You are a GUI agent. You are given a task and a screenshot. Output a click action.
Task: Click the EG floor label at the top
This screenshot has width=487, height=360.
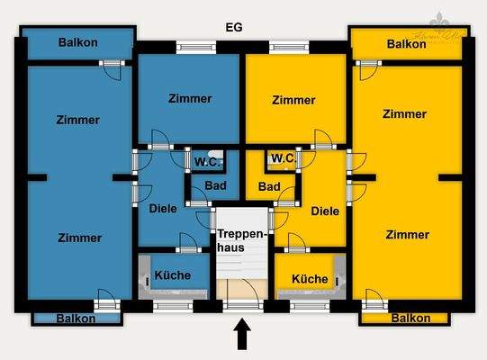coord(235,27)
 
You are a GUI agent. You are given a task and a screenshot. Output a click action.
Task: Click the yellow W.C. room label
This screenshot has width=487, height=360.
coord(283,159)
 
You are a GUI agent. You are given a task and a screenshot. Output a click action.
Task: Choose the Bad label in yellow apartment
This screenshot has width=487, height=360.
coord(268,187)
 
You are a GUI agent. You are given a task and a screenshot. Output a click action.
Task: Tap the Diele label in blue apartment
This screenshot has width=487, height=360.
coord(163,210)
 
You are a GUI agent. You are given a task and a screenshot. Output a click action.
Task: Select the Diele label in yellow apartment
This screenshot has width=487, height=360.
coord(325,211)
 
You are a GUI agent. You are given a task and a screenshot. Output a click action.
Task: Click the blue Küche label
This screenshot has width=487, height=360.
coord(172,275)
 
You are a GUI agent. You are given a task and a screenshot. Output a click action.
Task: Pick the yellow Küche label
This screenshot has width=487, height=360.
coord(310,279)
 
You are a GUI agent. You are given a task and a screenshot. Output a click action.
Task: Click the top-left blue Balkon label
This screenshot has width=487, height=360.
coord(77,42)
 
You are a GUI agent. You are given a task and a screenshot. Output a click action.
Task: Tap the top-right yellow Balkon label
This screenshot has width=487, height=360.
coord(407,43)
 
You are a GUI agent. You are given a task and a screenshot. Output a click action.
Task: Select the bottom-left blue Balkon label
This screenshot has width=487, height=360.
coord(77,318)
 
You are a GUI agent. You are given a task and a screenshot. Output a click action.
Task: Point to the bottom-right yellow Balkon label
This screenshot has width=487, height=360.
coord(410,318)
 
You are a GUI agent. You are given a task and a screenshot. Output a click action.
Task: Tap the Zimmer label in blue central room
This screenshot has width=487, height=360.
coord(190,99)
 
